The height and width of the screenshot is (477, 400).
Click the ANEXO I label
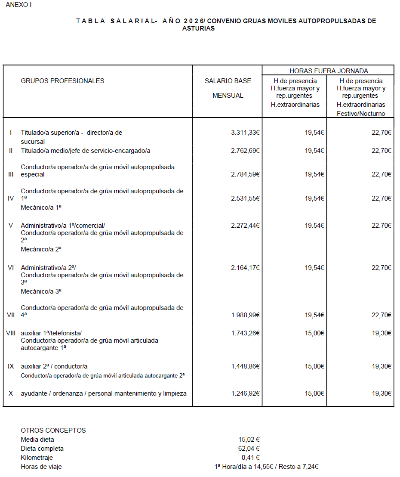18,5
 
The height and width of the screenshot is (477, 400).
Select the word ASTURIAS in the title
198,28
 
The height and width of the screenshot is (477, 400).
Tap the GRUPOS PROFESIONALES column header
62,81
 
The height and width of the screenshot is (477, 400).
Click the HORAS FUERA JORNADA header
329,71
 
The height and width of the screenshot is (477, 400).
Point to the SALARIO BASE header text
228,81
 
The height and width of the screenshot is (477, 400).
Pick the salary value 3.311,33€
245,133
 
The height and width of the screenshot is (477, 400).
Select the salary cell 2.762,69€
245,151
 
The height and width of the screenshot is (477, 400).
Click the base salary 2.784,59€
245,174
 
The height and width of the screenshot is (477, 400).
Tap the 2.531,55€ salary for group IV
245,198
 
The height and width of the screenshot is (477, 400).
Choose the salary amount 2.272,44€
245,226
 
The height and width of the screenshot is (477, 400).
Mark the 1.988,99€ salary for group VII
245,315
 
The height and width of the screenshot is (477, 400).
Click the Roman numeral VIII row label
11,333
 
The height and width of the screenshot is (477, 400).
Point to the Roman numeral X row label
11,393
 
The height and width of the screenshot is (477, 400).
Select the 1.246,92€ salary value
245,393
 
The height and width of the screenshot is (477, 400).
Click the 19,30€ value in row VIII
382,333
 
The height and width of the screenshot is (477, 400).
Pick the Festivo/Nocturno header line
361,114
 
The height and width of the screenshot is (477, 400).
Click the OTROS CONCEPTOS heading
53,431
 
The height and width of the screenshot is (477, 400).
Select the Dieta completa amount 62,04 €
249,449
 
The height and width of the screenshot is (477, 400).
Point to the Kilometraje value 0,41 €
251,458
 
